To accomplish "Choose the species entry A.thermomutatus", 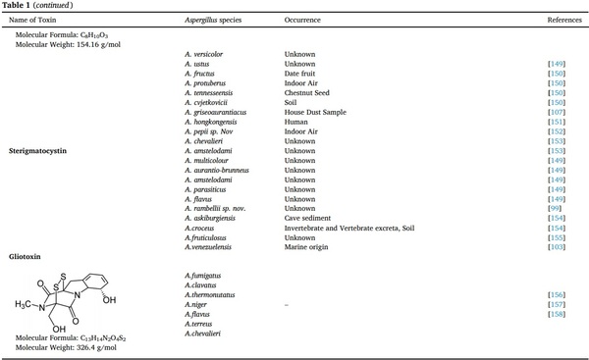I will (210, 294).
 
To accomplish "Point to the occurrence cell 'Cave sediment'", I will (307, 216).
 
